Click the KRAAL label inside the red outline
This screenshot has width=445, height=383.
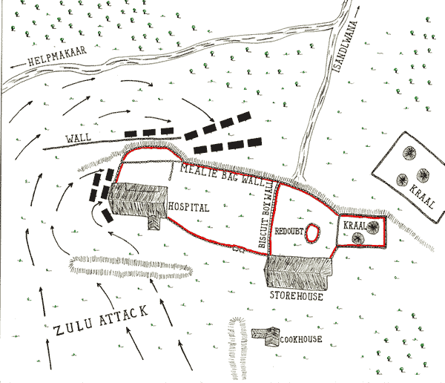pyautogui.click(x=354, y=223)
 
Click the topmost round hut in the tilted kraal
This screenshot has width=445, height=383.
pyautogui.click(x=409, y=154)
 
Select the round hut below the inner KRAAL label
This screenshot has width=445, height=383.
pyautogui.click(x=358, y=238)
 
